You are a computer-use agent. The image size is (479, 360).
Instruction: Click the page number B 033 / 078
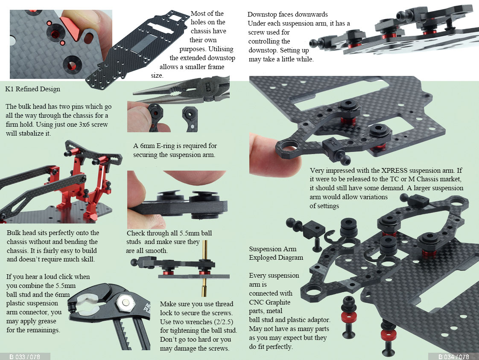coord(25,357)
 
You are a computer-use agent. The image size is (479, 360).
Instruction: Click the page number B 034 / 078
coord(453,357)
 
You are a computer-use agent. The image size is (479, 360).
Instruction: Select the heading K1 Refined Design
coord(32,89)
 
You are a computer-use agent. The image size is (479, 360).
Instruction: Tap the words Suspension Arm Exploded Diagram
coord(276,253)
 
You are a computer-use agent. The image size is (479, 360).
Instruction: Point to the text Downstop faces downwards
coord(287,15)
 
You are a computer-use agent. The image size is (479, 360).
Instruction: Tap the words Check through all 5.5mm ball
coord(169,233)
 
